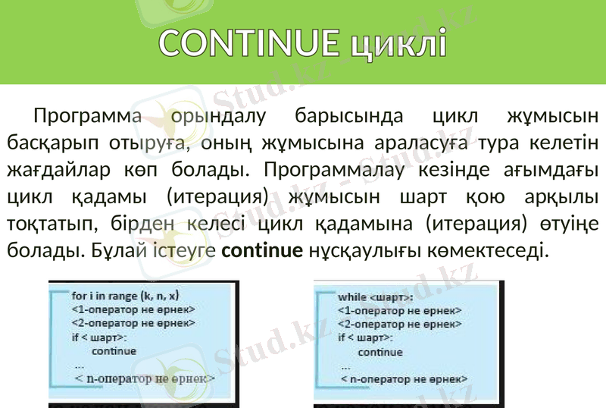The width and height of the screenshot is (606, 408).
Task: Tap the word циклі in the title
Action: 398,44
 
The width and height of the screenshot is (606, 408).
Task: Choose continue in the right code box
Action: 380,353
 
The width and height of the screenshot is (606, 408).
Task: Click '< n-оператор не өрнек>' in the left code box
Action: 144,378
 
